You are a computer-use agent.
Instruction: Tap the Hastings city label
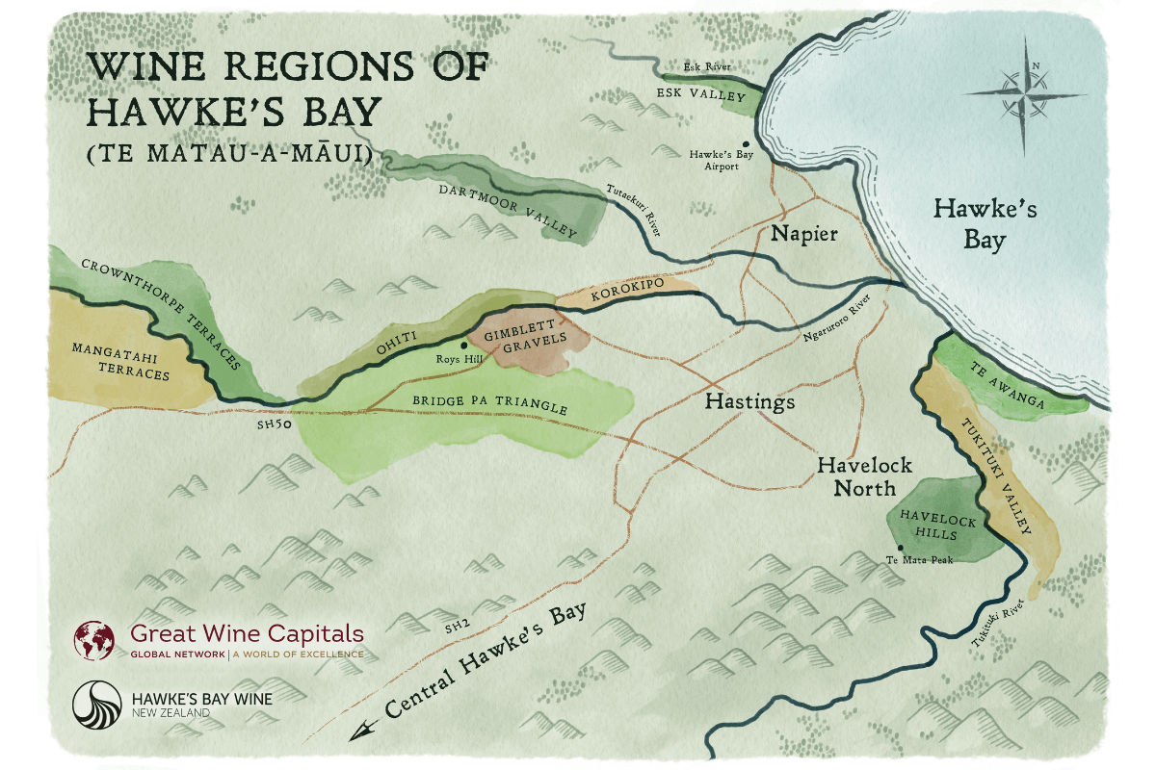(750, 400)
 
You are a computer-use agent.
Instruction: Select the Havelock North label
(857, 475)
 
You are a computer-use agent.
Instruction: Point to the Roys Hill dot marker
(464, 345)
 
